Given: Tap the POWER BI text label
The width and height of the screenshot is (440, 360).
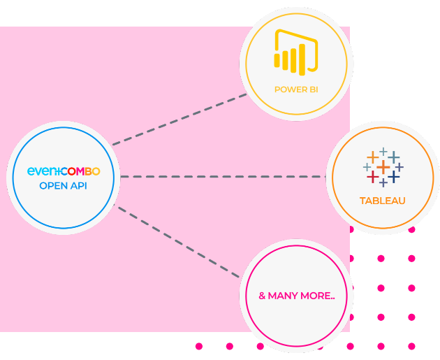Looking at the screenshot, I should pyautogui.click(x=295, y=89).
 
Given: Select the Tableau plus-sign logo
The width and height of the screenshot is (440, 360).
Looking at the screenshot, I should pyautogui.click(x=383, y=167).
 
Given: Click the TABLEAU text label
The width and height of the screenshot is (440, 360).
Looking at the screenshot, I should pyautogui.click(x=382, y=201).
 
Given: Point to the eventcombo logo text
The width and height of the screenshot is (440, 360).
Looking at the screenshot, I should pyautogui.click(x=64, y=171).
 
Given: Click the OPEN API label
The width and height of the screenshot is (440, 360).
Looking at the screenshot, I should pyautogui.click(x=64, y=186).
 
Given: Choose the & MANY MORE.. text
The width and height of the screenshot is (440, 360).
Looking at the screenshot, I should pyautogui.click(x=297, y=296).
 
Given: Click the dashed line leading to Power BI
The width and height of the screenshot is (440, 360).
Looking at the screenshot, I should pyautogui.click(x=179, y=119).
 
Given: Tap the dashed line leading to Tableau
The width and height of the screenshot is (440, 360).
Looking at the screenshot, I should pyautogui.click(x=223, y=177).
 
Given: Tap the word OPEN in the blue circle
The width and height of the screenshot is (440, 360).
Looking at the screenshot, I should pyautogui.click(x=53, y=186).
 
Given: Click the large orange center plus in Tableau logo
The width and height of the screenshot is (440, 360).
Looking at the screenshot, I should pyautogui.click(x=383, y=167).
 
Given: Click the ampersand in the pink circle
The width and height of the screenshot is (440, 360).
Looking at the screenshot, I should pyautogui.click(x=262, y=296).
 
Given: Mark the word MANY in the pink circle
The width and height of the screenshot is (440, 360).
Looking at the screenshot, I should pyautogui.click(x=283, y=296).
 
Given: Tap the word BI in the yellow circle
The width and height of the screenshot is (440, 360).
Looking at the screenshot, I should pyautogui.click(x=312, y=89).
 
